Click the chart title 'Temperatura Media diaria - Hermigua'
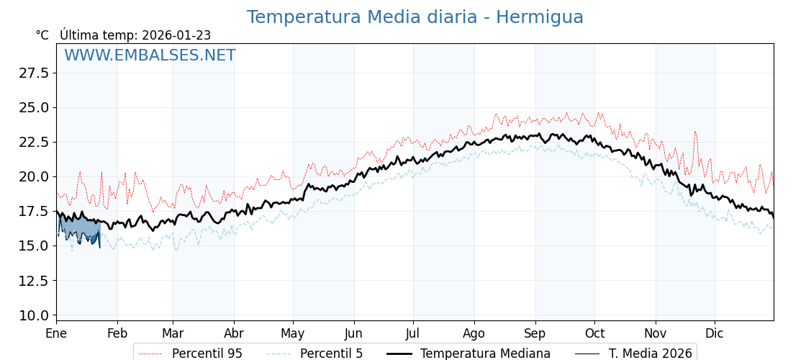click(x=415, y=17)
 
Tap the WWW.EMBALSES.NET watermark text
click(x=150, y=55)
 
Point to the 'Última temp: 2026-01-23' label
click(x=135, y=35)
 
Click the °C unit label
click(x=42, y=35)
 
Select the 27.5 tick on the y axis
click(x=34, y=73)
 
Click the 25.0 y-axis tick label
click(x=34, y=107)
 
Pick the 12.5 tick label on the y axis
click(x=34, y=280)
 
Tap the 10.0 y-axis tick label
click(x=34, y=315)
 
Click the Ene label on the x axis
click(x=56, y=334)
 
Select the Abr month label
click(x=234, y=334)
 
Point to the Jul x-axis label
click(x=413, y=334)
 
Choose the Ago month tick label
click(x=474, y=334)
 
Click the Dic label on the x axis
click(x=715, y=334)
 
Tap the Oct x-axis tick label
click(x=594, y=334)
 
